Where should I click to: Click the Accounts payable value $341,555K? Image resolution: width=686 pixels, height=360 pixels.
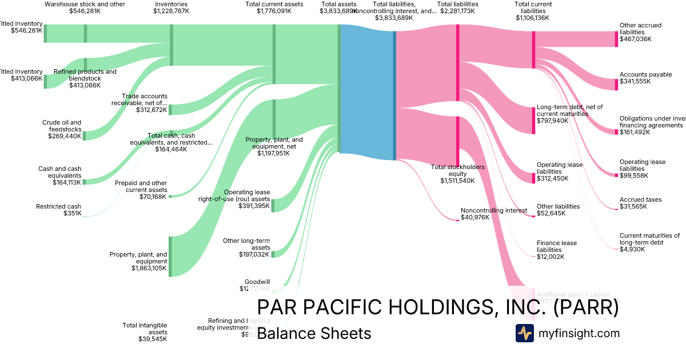tap(635, 82)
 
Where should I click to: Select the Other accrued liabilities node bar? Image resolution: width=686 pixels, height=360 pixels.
tap(616, 39)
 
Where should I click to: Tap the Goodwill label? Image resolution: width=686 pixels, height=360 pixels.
tap(257, 282)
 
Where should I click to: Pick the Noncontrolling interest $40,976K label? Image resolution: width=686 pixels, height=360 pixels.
tap(494, 214)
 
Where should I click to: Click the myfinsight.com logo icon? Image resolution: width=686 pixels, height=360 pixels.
tap(524, 333)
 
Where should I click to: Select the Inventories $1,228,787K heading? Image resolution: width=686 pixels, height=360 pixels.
tap(171, 7)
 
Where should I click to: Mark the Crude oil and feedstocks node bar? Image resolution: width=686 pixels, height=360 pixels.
tap(85, 135)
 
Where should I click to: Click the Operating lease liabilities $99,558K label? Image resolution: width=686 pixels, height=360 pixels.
tap(642, 169)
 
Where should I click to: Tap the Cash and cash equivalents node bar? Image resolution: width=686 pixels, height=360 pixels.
tap(85, 182)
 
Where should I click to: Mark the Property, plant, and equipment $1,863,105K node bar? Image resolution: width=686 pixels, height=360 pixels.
tap(170, 256)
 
